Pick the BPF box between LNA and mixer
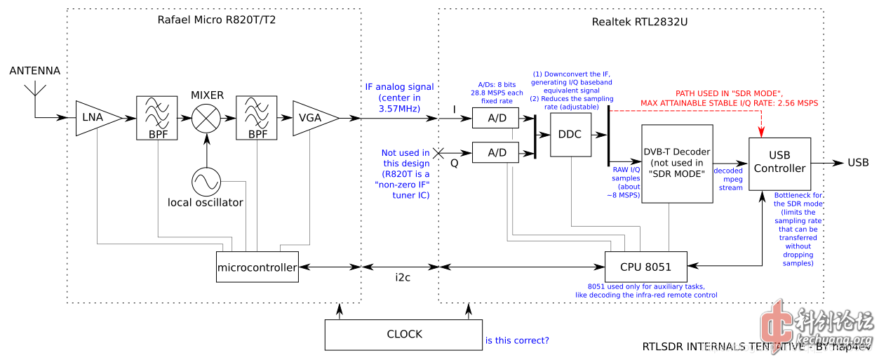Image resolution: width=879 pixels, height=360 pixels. (x=156, y=118)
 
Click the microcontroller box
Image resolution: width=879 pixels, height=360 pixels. (x=257, y=267)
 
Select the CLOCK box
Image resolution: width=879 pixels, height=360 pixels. (x=404, y=334)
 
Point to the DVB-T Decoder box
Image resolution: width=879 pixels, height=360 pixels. (x=677, y=164)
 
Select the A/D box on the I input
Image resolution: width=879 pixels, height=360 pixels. (x=497, y=118)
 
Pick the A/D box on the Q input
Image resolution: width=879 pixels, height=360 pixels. (x=497, y=152)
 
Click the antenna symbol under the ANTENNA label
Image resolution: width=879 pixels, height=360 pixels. (x=35, y=93)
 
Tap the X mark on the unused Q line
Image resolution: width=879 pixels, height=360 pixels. (x=438, y=152)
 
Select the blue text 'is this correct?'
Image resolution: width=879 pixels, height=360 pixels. (x=517, y=341)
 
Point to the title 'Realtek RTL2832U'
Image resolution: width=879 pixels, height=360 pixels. (x=639, y=22)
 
